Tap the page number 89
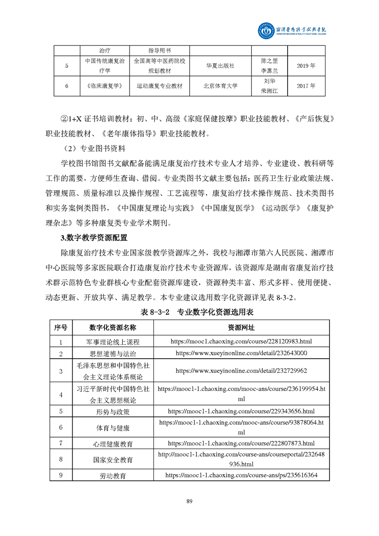click(x=189, y=501)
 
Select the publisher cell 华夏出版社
click(x=220, y=66)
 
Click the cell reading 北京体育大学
click(x=220, y=86)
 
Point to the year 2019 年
click(x=306, y=66)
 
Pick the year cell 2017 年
click(x=306, y=86)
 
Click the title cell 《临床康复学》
click(x=105, y=86)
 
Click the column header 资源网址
click(x=241, y=328)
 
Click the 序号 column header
click(x=61, y=328)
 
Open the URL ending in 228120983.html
click(x=241, y=342)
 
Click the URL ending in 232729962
click(x=241, y=370)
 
